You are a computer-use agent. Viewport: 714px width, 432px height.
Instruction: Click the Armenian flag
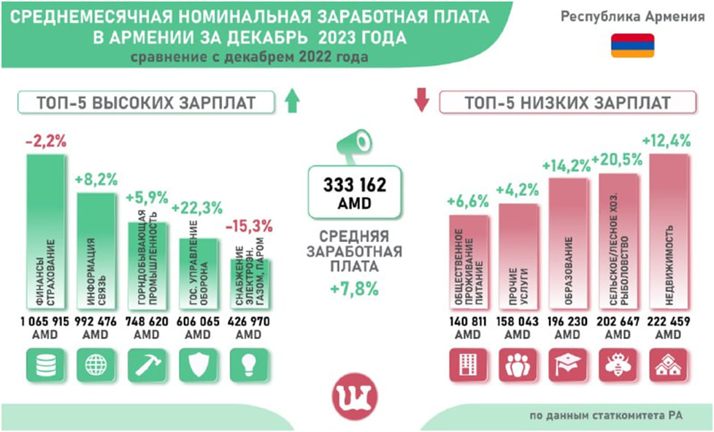point(632,45)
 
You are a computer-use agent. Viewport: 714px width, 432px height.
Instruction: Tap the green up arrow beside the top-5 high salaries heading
point(293,101)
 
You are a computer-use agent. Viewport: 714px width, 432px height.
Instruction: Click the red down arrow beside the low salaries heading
point(421,101)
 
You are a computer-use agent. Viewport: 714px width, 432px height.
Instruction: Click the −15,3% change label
point(250,225)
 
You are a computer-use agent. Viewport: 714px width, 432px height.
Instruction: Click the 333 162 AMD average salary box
point(354,192)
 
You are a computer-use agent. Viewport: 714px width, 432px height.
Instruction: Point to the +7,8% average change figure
point(354,289)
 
